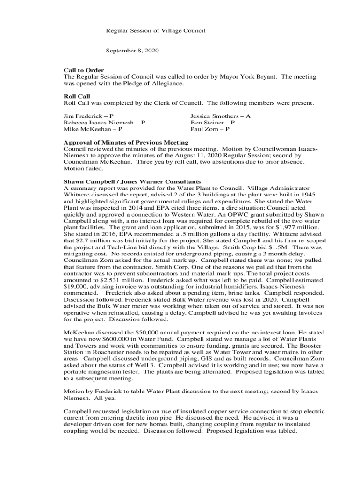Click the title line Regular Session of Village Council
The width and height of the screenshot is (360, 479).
[x=156, y=31]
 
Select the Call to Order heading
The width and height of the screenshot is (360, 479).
[x=84, y=70]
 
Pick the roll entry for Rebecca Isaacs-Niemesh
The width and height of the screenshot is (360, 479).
[x=104, y=122]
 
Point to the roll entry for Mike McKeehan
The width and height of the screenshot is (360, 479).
[x=93, y=129]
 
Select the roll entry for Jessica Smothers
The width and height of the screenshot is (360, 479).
[x=220, y=116]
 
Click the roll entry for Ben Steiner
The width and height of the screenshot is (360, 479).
[x=212, y=122]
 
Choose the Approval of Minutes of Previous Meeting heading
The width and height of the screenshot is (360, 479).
[x=126, y=142]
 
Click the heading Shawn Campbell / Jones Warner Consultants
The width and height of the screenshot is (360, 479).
[x=132, y=181]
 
